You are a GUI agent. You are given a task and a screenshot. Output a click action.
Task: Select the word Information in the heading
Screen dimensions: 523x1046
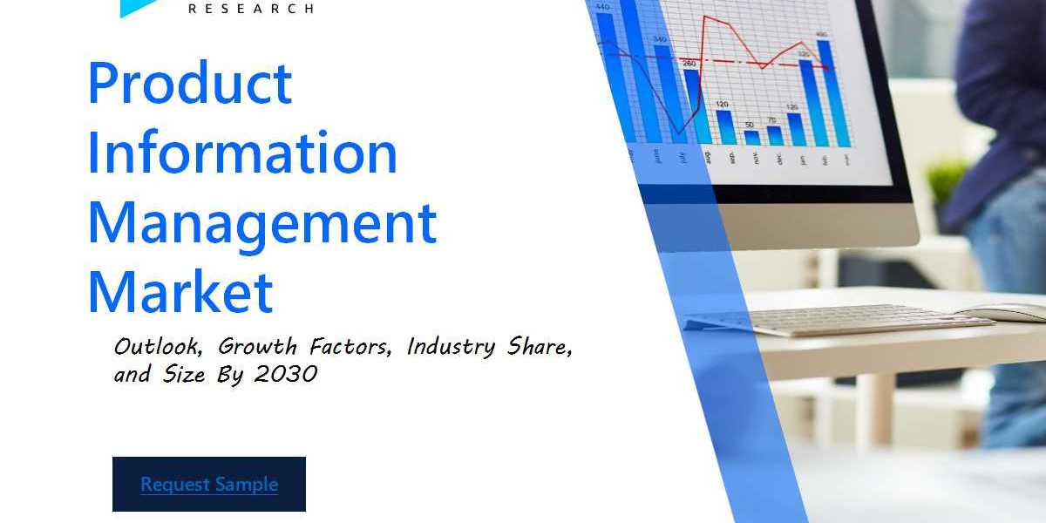[242, 153]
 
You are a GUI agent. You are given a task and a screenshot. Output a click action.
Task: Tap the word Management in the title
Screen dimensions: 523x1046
[261, 222]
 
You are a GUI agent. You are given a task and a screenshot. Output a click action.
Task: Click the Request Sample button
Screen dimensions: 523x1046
[209, 485]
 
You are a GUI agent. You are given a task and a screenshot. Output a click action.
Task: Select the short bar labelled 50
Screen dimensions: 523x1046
[751, 137]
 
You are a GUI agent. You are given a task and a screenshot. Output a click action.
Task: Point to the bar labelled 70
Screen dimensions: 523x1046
[774, 135]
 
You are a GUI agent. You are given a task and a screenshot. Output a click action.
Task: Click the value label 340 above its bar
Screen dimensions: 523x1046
[660, 39]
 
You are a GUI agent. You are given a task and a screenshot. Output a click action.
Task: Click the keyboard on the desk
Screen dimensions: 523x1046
[837, 319]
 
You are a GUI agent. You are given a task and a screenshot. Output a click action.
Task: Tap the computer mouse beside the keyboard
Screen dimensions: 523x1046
[1002, 312]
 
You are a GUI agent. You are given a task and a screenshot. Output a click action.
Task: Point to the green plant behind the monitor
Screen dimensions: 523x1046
[947, 179]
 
